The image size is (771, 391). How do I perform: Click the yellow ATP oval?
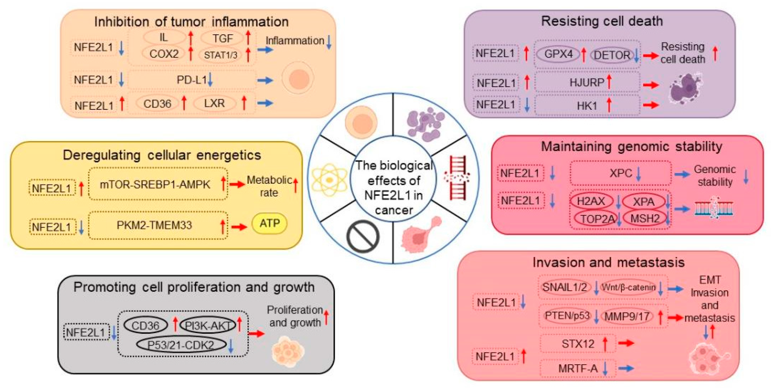[269, 223]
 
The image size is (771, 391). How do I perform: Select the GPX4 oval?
[558, 54]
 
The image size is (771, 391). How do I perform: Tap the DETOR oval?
[612, 55]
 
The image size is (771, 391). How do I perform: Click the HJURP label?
[587, 83]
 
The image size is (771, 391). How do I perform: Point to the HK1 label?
[587, 106]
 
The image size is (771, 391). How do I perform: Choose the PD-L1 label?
[192, 80]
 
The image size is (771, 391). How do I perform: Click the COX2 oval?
[164, 54]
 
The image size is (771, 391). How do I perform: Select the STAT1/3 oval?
[221, 55]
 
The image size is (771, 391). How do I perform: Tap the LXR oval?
[214, 103]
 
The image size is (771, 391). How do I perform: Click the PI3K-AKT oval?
[208, 326]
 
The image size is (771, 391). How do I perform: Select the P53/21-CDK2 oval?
[181, 345]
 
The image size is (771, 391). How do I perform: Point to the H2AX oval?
[590, 201]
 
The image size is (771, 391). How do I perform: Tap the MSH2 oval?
[645, 218]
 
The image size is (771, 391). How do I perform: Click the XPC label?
[621, 173]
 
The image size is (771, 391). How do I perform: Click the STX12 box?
[578, 344]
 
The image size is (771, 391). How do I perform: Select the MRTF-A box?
[578, 368]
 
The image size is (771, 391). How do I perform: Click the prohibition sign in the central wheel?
[363, 236]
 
